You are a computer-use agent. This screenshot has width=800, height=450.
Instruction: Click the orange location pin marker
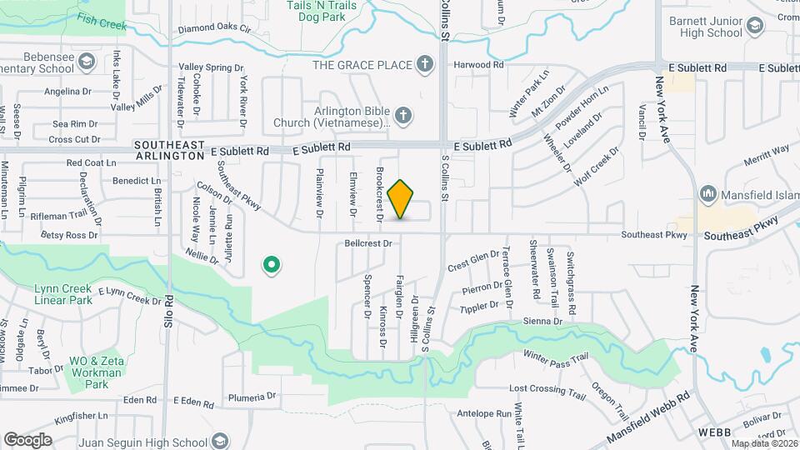point(401,199)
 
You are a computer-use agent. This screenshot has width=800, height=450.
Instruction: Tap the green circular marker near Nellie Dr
point(271,266)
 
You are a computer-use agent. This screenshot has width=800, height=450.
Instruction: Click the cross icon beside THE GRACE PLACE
point(425,64)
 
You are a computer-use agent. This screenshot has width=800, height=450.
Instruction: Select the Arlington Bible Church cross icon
point(403,115)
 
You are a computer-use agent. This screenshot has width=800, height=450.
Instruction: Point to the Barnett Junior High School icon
point(755,27)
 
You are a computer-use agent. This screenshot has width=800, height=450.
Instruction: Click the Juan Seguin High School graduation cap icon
point(220,441)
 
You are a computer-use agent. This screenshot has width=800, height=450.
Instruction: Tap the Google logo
point(27,439)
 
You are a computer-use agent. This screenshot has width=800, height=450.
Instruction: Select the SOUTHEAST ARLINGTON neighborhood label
point(169,150)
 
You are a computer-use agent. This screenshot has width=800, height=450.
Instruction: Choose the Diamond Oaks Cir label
point(214,28)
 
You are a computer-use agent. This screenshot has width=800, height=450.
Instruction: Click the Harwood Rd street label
point(478,64)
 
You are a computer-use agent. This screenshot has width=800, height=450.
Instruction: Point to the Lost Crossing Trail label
point(547,390)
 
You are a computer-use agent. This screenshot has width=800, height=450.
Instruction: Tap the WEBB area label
point(714,434)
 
